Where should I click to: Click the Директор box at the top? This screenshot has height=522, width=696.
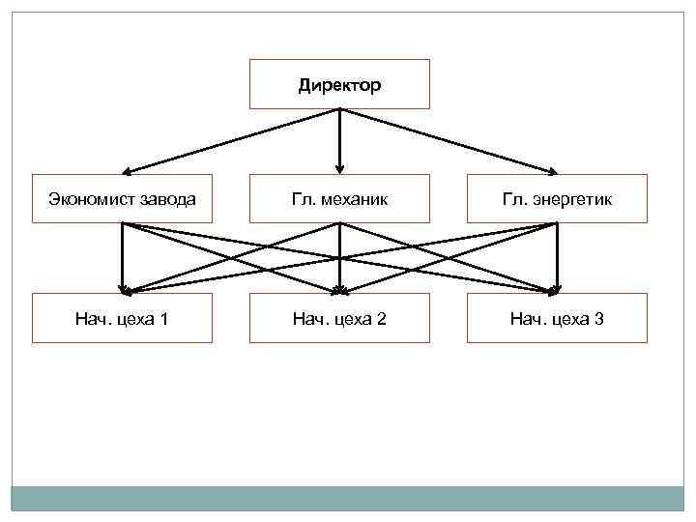pos(339,84)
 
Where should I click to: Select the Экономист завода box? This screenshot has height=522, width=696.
pos(122,199)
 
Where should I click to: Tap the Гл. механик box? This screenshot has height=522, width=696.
pos(339,199)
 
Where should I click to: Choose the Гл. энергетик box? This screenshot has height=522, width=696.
pos(557,199)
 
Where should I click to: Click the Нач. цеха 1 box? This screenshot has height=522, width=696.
pos(122,318)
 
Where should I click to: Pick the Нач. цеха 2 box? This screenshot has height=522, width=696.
pos(339,318)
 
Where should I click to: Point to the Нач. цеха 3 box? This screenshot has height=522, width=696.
pos(557,318)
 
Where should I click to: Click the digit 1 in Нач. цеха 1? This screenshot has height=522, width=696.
pos(164,318)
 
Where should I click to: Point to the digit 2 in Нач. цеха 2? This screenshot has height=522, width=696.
pos(382,318)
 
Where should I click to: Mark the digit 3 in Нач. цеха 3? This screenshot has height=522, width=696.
pos(599,318)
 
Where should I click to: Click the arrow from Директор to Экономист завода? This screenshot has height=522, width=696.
pos(232,141)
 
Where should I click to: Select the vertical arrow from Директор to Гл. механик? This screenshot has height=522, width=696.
pos(339,140)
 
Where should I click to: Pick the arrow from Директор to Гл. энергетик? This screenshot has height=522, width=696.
pos(447,141)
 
